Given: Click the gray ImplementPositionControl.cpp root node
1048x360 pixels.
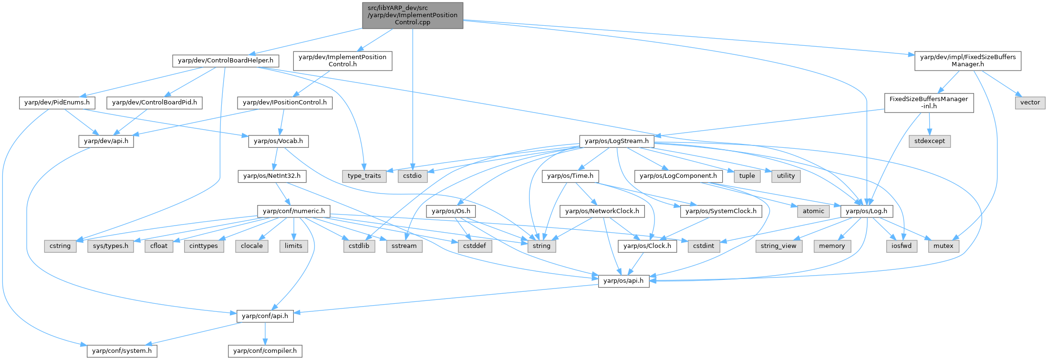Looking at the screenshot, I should point(412,15).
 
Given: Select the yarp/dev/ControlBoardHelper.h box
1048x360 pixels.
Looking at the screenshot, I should point(225,61).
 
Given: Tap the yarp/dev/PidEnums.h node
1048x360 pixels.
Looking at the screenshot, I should point(57,103).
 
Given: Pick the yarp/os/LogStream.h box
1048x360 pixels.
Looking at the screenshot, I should point(616,141).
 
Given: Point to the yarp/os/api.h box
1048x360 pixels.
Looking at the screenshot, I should point(623,281).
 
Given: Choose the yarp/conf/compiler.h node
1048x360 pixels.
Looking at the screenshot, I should point(265,351).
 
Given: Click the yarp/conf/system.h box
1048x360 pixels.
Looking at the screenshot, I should point(122,351).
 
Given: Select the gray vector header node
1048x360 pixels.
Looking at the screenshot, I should point(1030,103).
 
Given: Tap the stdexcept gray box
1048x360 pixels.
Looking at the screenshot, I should point(929,141).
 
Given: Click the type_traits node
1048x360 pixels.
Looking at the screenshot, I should point(364,176).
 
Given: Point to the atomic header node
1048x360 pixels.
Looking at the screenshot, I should point(813,211).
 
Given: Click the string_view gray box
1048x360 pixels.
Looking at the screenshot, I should point(778,246).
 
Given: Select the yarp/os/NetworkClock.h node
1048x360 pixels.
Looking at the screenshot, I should point(602,211).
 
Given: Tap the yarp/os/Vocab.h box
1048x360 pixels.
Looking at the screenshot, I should point(278,141).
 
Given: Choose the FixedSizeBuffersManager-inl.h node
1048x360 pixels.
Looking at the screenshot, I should point(928,103).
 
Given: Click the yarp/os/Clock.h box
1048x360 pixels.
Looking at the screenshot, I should point(647,246).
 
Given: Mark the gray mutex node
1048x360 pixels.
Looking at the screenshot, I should point(943,246).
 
